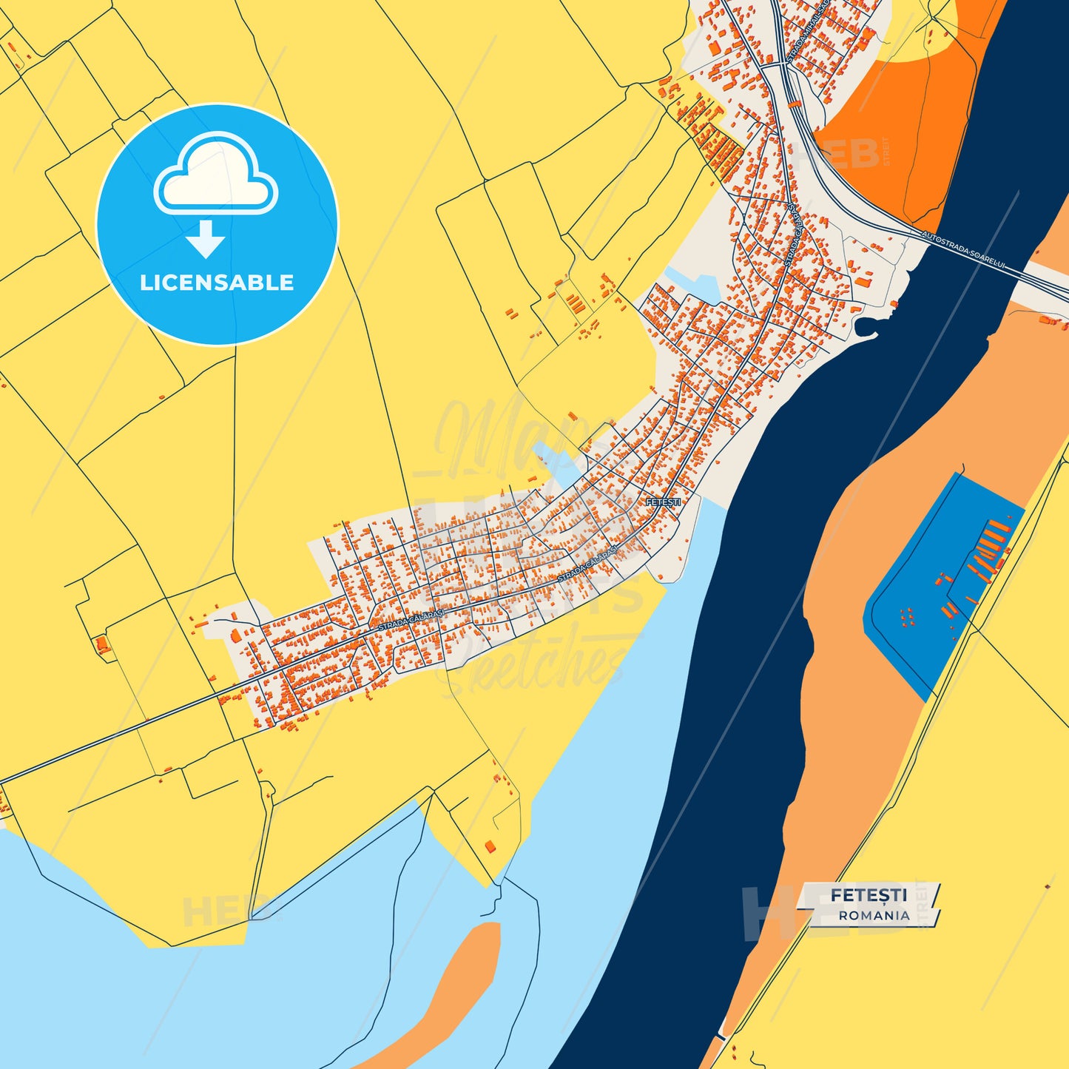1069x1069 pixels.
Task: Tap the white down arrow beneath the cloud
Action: point(206,238)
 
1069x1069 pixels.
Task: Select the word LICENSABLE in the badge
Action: point(217,283)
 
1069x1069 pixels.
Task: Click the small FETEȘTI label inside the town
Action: point(663,502)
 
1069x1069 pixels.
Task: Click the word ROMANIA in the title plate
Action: point(874,915)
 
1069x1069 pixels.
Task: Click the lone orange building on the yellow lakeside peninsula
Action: point(489,846)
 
